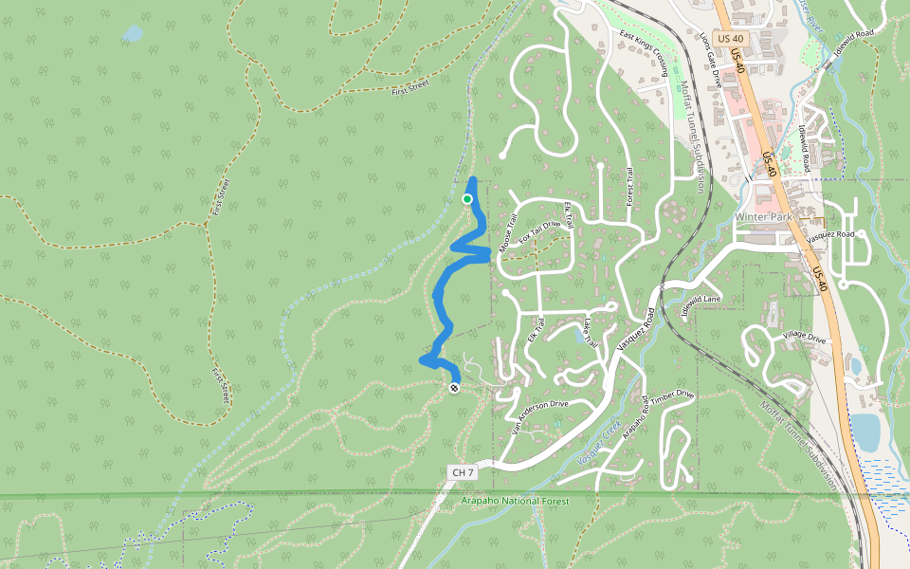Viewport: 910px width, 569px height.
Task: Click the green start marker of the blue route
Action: click(467, 198)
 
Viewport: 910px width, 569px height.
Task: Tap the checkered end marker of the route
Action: click(455, 387)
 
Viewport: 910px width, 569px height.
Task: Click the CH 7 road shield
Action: click(462, 471)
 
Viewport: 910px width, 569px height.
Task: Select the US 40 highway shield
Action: click(730, 38)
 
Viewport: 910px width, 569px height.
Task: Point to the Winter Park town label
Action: click(763, 216)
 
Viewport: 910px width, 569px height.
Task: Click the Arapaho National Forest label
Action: click(515, 501)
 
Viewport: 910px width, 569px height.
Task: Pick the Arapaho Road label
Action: click(644, 413)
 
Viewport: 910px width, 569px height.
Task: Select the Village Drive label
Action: click(804, 337)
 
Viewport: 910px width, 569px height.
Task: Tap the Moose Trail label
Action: click(508, 234)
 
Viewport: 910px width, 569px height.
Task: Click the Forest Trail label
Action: click(628, 186)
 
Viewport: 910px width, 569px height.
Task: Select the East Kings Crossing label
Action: click(646, 53)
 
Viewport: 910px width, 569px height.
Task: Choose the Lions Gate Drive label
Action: click(710, 60)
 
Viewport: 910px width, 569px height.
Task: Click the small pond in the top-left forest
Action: click(132, 34)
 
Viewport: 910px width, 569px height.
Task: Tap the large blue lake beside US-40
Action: click(865, 431)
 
